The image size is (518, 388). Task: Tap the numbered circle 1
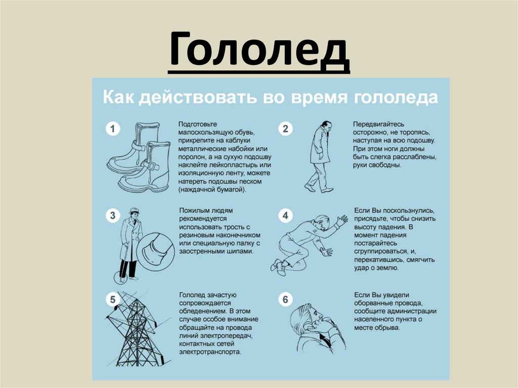113,128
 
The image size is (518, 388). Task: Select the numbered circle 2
285,128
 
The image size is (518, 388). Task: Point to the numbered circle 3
113,215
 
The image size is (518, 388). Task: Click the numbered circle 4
285,215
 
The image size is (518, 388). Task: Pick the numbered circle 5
113,299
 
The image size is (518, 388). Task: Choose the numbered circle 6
285,299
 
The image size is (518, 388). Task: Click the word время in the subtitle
319,98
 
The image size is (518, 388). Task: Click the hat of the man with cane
134,211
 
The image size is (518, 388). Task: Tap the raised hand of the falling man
341,221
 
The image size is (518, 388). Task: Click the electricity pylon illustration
138,329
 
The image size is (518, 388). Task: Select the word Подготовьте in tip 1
198,124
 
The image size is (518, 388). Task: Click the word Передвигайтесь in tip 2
378,124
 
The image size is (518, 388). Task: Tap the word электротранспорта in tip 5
210,352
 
